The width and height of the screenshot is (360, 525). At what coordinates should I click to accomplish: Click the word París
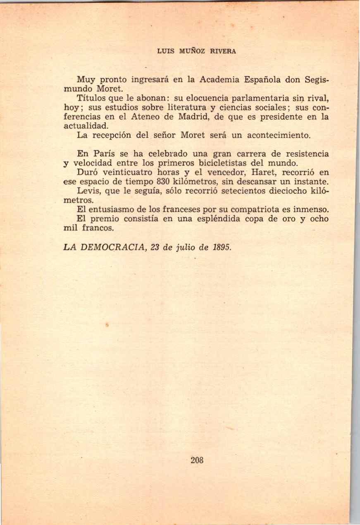tap(108, 154)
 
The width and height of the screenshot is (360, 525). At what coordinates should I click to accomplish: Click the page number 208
tap(198, 460)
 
